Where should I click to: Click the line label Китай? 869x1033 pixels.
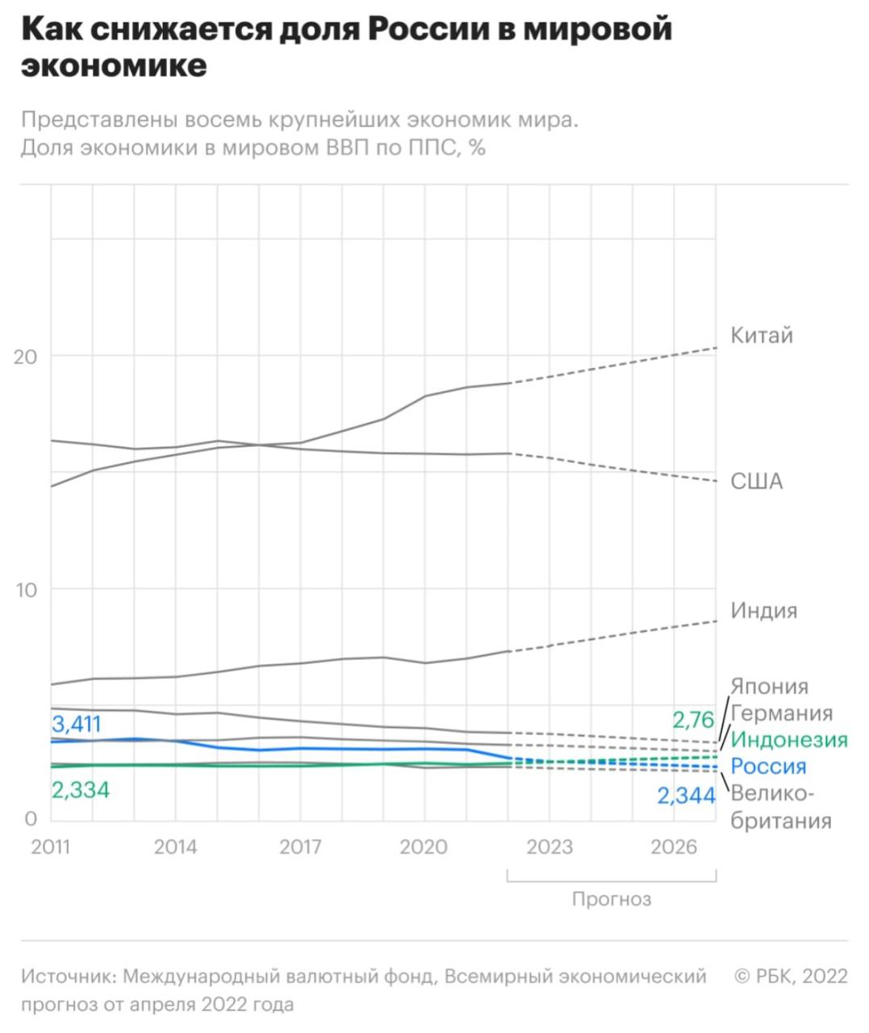tap(761, 335)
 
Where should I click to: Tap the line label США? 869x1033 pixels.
tap(756, 481)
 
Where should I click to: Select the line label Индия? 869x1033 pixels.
tap(763, 610)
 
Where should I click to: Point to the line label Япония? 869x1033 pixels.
tap(769, 686)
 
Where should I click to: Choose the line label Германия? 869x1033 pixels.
tap(781, 713)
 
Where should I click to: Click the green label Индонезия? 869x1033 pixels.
tap(788, 739)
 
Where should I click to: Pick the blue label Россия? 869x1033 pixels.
tap(768, 766)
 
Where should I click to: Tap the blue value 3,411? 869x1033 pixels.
tap(77, 723)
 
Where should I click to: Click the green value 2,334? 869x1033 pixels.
tap(81, 789)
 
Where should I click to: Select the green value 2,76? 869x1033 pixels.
tap(693, 719)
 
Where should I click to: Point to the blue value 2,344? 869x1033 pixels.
tap(686, 796)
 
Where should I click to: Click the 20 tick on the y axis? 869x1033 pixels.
tap(26, 357)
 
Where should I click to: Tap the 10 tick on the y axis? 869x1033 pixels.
tap(26, 589)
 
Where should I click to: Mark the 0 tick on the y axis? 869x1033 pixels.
tap(31, 819)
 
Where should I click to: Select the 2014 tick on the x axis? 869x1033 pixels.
tap(175, 847)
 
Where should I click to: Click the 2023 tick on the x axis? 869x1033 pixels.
tap(549, 847)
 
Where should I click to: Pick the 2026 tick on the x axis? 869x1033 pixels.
tap(674, 847)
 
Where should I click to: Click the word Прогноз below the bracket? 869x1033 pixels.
tap(611, 898)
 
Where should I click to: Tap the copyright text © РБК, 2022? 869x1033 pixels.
tap(791, 977)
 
